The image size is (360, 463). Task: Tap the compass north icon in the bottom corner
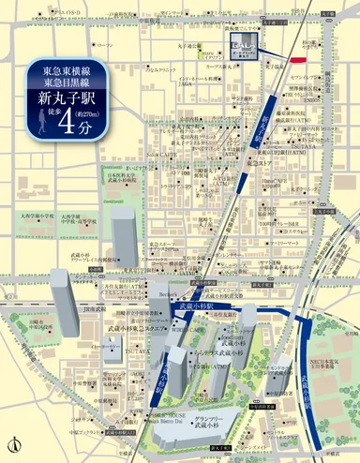[13, 441]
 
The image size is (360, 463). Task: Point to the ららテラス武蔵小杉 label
[210, 352]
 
